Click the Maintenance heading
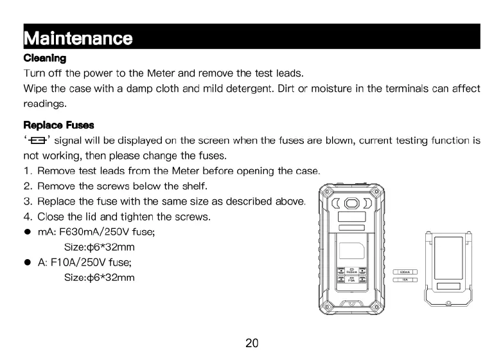tap(78, 37)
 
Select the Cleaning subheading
tap(44, 58)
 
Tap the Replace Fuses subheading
tap(58, 124)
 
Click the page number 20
tap(252, 343)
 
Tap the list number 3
tap(28, 201)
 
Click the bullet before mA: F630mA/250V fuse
tap(28, 232)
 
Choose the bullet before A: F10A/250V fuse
tap(28, 262)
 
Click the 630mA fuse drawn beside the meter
tap(405, 272)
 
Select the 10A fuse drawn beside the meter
tap(405, 280)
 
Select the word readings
tap(45, 103)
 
